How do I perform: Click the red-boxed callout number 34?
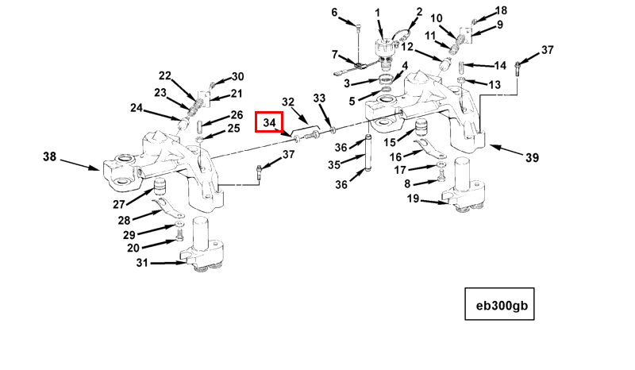coord(270,122)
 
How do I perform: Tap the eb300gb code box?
coord(500,303)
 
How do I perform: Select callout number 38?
coord(50,157)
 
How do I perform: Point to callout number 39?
coord(532,157)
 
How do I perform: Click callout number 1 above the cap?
coord(378,12)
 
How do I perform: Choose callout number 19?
coord(414,199)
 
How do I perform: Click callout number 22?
coord(165,75)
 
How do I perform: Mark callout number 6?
coord(334,12)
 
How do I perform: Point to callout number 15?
coord(390,142)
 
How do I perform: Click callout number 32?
coord(288,102)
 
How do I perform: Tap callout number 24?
coord(137,108)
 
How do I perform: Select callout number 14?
coord(500,65)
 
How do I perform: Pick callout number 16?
coord(395,156)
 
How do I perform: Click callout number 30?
coord(237,77)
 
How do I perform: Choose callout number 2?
coord(419,12)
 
